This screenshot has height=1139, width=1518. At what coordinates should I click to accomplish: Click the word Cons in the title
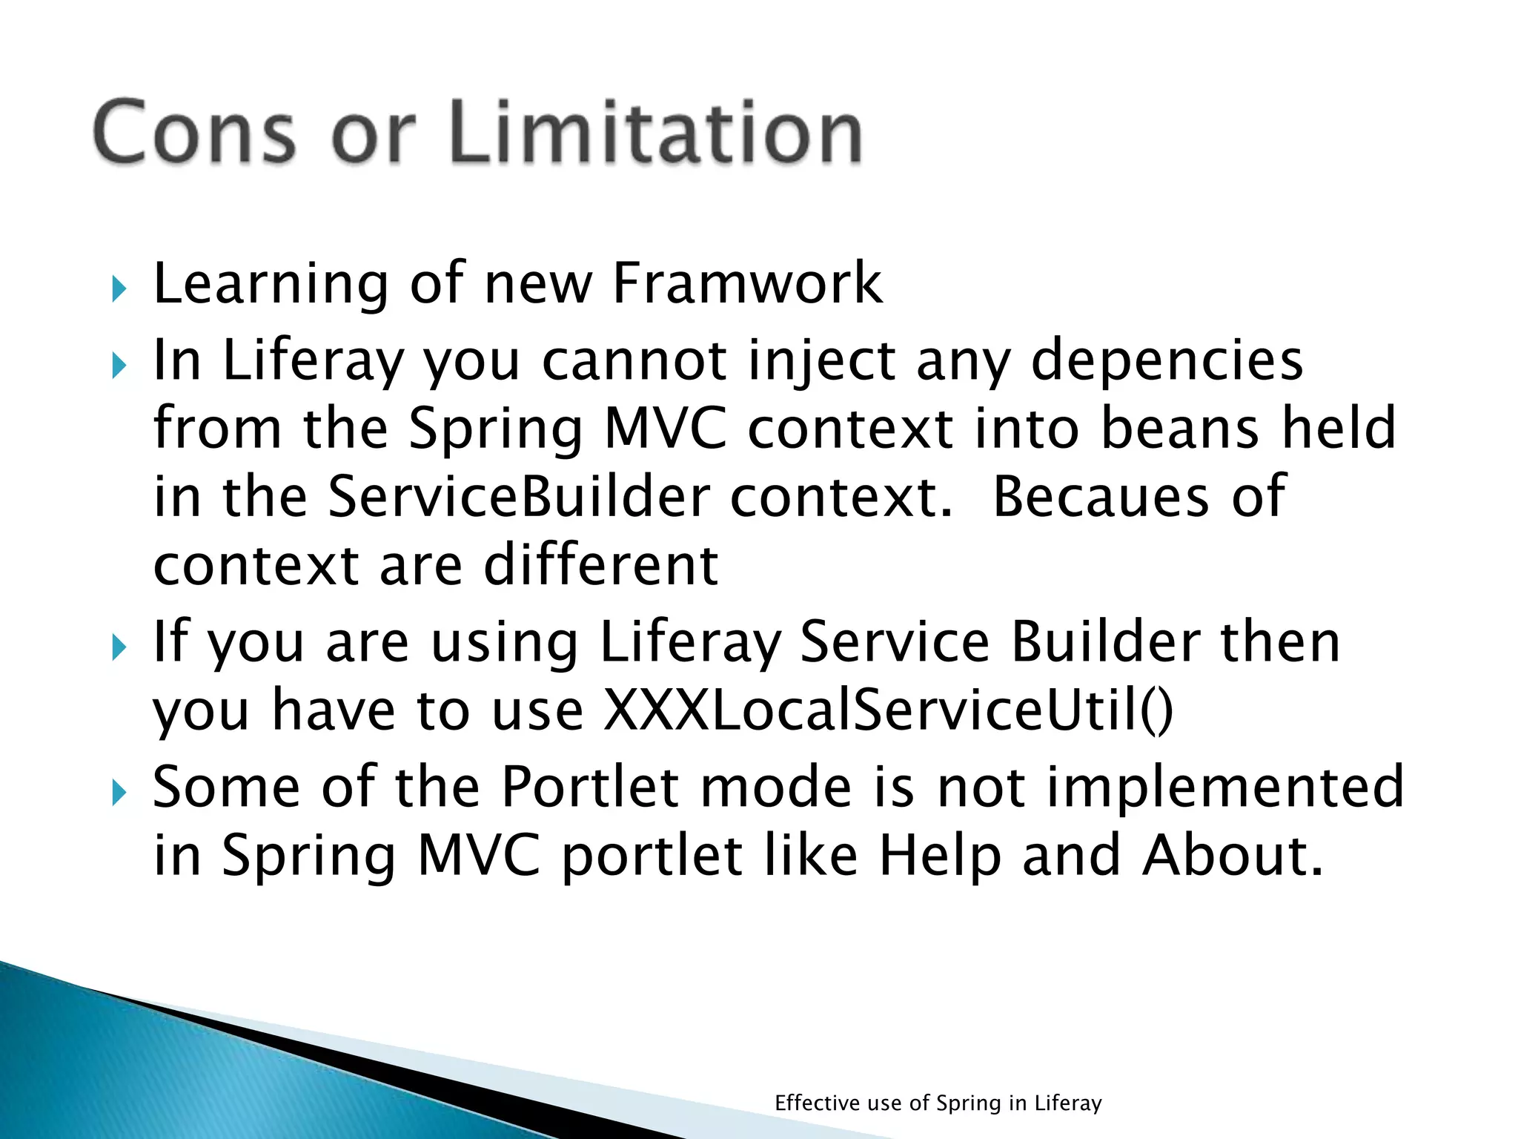(194, 132)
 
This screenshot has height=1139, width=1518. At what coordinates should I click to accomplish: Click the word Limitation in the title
(655, 132)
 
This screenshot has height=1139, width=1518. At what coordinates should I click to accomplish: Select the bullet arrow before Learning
(119, 288)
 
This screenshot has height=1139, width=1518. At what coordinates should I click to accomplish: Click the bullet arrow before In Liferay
(119, 365)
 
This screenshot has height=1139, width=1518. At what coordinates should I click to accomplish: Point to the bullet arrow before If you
(119, 647)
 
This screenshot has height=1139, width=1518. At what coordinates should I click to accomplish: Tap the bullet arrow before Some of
(119, 793)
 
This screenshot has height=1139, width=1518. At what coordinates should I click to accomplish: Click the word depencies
(1167, 361)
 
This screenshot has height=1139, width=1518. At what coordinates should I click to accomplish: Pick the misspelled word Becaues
(1100, 497)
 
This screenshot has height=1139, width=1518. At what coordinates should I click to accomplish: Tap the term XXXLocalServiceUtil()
(888, 710)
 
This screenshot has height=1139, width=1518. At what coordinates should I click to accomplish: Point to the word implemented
(1224, 786)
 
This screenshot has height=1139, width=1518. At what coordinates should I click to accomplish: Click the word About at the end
(1232, 855)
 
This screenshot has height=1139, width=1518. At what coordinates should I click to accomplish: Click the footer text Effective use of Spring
(938, 1103)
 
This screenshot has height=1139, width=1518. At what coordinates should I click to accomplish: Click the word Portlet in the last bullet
(589, 786)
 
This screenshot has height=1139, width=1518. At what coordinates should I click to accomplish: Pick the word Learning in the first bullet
(271, 285)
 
